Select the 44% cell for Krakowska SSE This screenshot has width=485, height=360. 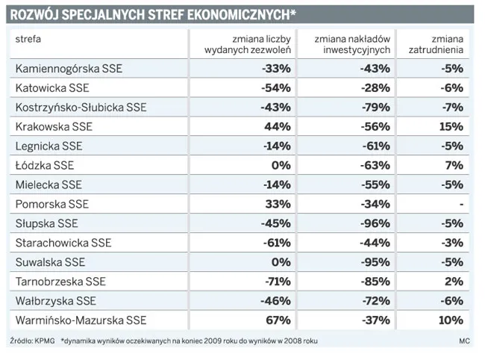point(277,126)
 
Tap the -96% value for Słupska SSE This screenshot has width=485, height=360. point(375,223)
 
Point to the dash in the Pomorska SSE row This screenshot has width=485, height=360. point(462,204)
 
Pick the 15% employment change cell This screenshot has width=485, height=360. point(451,126)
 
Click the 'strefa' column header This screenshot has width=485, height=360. point(28,38)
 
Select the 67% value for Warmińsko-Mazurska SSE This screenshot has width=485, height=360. point(277,320)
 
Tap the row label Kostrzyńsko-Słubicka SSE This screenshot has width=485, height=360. point(81,107)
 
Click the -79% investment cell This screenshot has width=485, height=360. point(375,107)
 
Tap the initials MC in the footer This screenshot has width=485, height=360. point(466,341)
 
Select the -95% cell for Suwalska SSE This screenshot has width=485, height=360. point(375,262)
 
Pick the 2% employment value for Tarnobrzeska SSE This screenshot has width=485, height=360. point(454,282)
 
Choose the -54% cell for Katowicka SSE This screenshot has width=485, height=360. point(275,87)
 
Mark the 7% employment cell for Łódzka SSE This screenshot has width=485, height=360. point(455,165)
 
